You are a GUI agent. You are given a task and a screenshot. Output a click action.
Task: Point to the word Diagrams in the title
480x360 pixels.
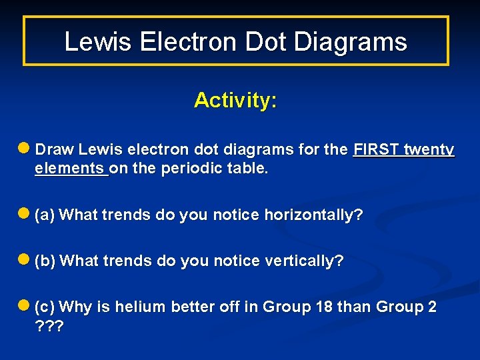tap(351, 42)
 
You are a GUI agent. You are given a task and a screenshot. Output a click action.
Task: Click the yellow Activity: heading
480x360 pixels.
tap(235, 101)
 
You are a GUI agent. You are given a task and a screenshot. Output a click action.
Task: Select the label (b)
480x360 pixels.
tap(46, 261)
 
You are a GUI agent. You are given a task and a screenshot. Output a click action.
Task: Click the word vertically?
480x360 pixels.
tap(305, 261)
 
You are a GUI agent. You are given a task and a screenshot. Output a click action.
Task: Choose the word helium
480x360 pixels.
tap(141, 307)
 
